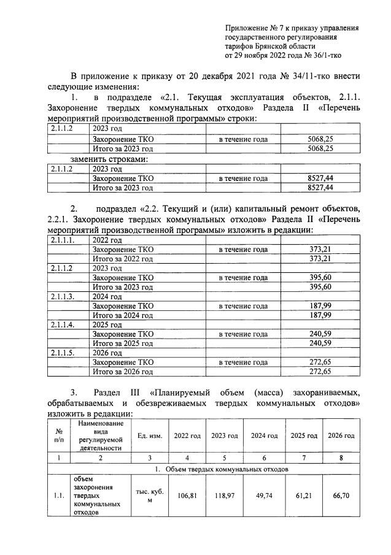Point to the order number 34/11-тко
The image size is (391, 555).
tap(330, 77)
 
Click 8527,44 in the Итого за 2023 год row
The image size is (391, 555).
tap(320, 188)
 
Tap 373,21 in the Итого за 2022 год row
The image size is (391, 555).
tap(320, 259)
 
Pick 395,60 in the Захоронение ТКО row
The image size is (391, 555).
tap(320, 278)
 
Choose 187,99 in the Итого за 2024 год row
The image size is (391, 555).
tap(320, 315)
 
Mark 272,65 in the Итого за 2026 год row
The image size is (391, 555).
tap(320, 372)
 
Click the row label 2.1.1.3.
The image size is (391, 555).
tap(63, 297)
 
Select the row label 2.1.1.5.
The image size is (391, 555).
tap(63, 353)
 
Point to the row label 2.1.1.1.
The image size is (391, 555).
tap(63, 240)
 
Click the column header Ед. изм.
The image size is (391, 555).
tap(150, 436)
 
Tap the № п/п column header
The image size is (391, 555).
tap(59, 436)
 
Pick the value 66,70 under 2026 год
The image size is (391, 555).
tap(341, 496)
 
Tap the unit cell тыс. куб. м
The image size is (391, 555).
tap(150, 496)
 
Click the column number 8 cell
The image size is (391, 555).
tap(341, 457)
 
